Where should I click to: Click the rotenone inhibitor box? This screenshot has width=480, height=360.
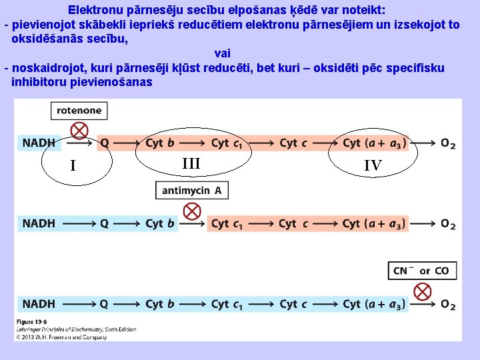tap(79, 111)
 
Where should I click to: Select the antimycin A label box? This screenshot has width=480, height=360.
tap(191, 190)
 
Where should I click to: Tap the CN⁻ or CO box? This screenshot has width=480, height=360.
tap(422, 271)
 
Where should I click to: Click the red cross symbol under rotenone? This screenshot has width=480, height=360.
tap(79, 129)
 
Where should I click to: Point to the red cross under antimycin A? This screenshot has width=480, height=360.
tap(192, 211)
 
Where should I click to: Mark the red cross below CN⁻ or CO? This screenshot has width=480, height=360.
tap(422, 291)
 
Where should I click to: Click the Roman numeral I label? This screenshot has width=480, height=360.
tap(73, 165)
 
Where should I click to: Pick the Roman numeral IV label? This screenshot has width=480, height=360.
tap(373, 166)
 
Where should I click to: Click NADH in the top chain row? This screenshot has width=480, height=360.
tap(39, 143)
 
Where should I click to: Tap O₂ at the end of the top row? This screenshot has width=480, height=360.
tap(448, 143)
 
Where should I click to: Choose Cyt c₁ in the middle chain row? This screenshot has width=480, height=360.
tap(227, 224)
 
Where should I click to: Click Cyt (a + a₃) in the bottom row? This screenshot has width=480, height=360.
tap(374, 305)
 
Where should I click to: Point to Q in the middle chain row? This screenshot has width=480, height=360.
tap(104, 224)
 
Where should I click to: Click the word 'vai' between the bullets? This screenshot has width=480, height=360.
tap(223, 53)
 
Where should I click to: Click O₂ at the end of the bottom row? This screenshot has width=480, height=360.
tap(448, 305)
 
